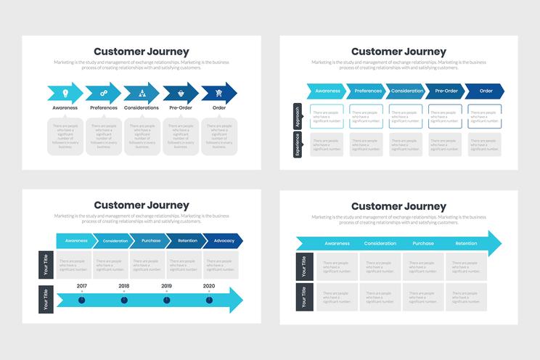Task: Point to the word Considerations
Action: tap(142, 108)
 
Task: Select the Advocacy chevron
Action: tap(224, 240)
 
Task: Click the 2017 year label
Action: tap(81, 286)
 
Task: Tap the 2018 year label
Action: tap(124, 286)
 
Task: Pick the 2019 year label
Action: tap(166, 286)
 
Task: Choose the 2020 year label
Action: tap(209, 286)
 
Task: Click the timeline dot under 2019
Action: tap(166, 300)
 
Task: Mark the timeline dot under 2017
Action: tap(81, 300)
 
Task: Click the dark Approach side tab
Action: tap(296, 116)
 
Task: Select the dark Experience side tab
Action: tap(296, 144)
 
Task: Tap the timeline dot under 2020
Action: tap(209, 300)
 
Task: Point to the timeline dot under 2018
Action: tap(124, 300)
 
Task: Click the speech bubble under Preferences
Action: tap(104, 136)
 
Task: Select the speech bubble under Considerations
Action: tap(142, 136)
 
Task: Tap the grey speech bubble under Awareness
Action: tap(65, 136)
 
